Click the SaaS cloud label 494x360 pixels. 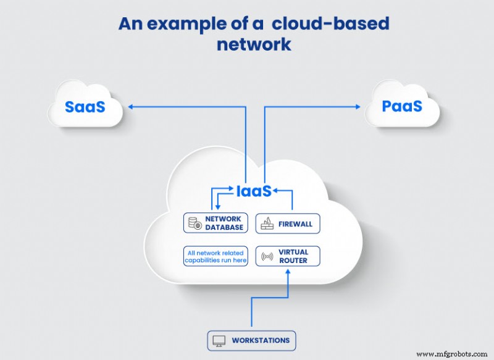tap(85, 106)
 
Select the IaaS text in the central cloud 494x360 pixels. tap(253, 191)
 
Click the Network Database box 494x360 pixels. tap(215, 223)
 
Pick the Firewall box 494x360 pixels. tap(288, 223)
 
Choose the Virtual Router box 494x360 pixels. tap(288, 256)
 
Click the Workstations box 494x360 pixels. tap(251, 340)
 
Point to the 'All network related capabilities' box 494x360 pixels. tap(216, 256)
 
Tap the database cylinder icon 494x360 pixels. tap(196, 223)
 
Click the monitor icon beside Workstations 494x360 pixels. tap(218, 340)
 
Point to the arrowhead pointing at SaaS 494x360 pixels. tap(131, 107)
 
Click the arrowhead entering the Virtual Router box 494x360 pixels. tap(288, 270)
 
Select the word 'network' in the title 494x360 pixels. tap(254, 45)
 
